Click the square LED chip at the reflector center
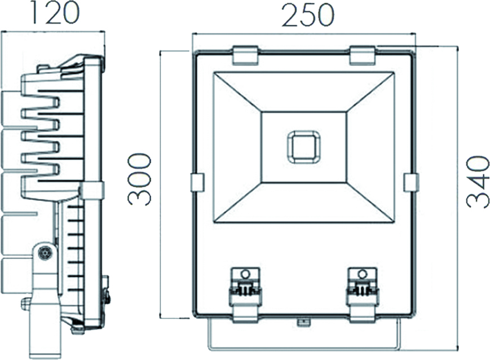[x=304, y=147]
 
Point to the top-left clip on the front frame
[x=245, y=54]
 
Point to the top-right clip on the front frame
[x=363, y=54]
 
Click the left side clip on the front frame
[x=197, y=182]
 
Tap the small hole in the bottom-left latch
[x=245, y=274]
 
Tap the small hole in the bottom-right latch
[x=362, y=274]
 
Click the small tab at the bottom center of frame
[x=304, y=322]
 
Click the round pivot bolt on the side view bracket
[x=44, y=253]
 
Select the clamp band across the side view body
[x=91, y=190]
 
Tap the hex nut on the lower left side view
[x=26, y=304]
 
